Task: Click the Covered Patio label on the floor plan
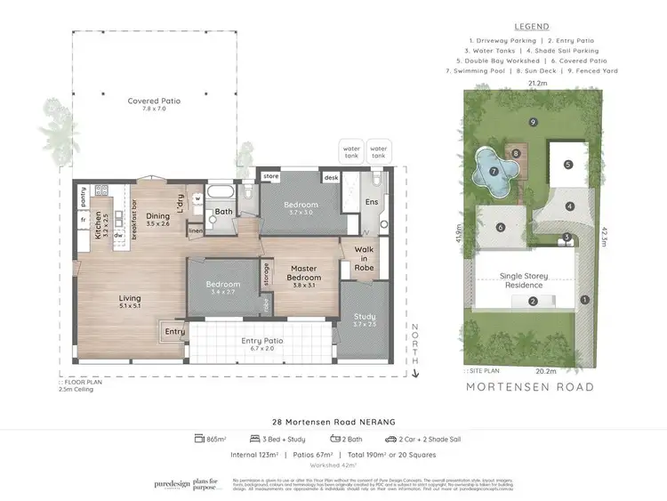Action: pos(154,106)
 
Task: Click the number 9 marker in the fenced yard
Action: pos(533,121)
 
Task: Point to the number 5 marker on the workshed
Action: pos(567,164)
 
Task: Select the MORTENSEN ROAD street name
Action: pos(531,387)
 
